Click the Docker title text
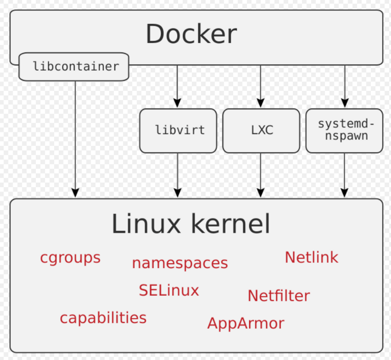[191, 34]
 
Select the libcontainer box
[74, 66]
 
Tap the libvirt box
[178, 130]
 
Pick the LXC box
[261, 130]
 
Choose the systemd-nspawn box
[344, 130]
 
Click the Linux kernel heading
[191, 225]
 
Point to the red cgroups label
[70, 258]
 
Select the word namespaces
[180, 263]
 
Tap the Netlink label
[311, 257]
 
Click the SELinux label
[169, 290]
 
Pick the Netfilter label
[279, 296]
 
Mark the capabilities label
[103, 317]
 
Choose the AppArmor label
[246, 323]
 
